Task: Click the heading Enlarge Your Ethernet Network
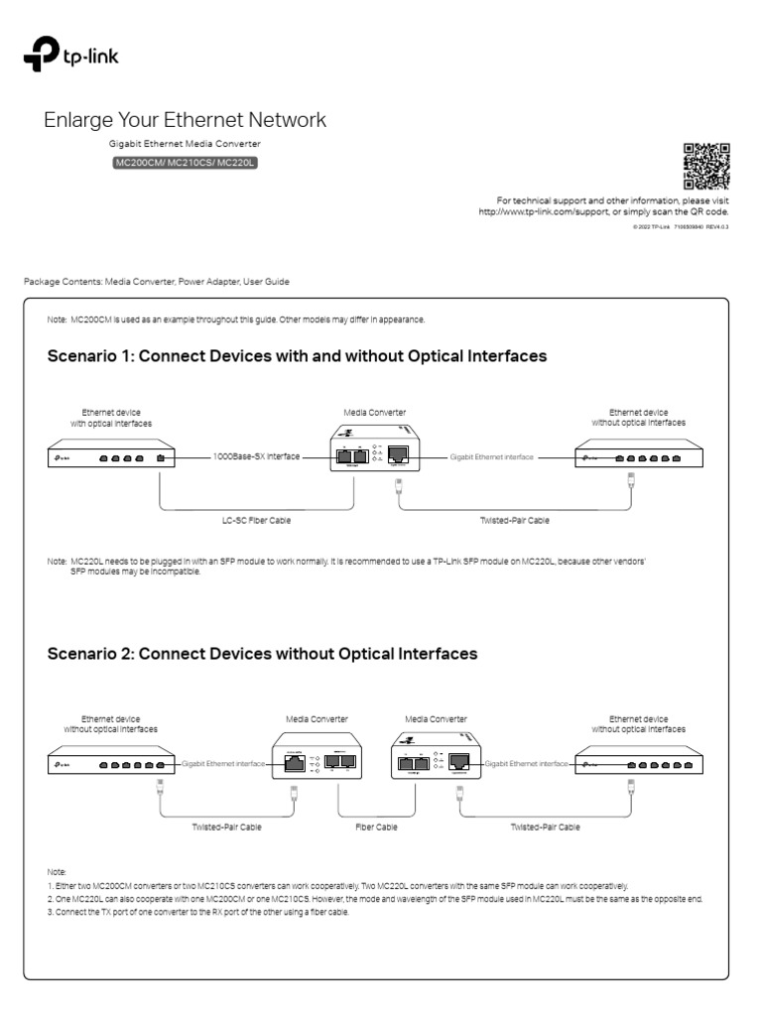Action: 185,120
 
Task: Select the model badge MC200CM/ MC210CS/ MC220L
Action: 185,163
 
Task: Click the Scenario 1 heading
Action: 297,354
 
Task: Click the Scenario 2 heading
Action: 262,654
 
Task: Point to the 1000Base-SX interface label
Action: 255,457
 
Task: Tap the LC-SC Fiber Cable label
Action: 256,520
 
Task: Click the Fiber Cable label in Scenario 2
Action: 376,826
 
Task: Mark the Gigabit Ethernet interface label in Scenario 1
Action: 492,457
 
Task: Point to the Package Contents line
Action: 157,282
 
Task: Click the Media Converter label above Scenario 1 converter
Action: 374,411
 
